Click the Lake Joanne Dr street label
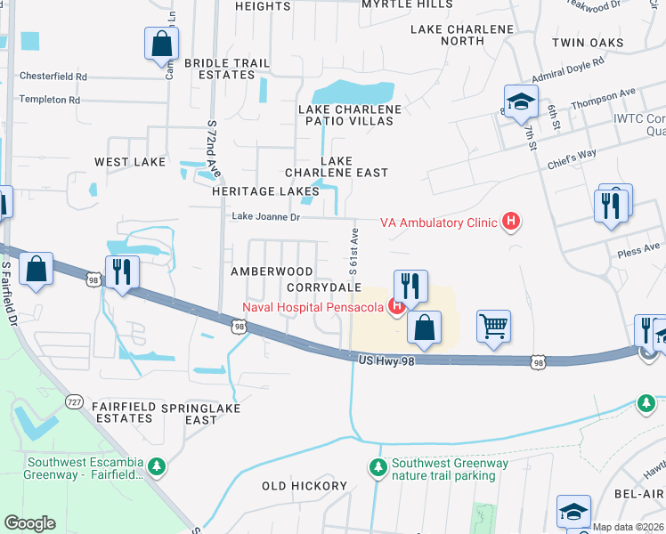tap(266, 216)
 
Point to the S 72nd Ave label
tap(214, 148)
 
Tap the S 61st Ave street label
tap(353, 250)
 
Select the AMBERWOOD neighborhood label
tap(272, 271)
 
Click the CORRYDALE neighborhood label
tap(324, 287)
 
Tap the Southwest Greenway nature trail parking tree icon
tap(378, 467)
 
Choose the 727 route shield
tap(74, 401)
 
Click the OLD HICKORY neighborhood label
tap(305, 486)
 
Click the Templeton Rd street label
tap(49, 100)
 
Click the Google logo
tap(30, 523)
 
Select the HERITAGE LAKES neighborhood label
tap(265, 191)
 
